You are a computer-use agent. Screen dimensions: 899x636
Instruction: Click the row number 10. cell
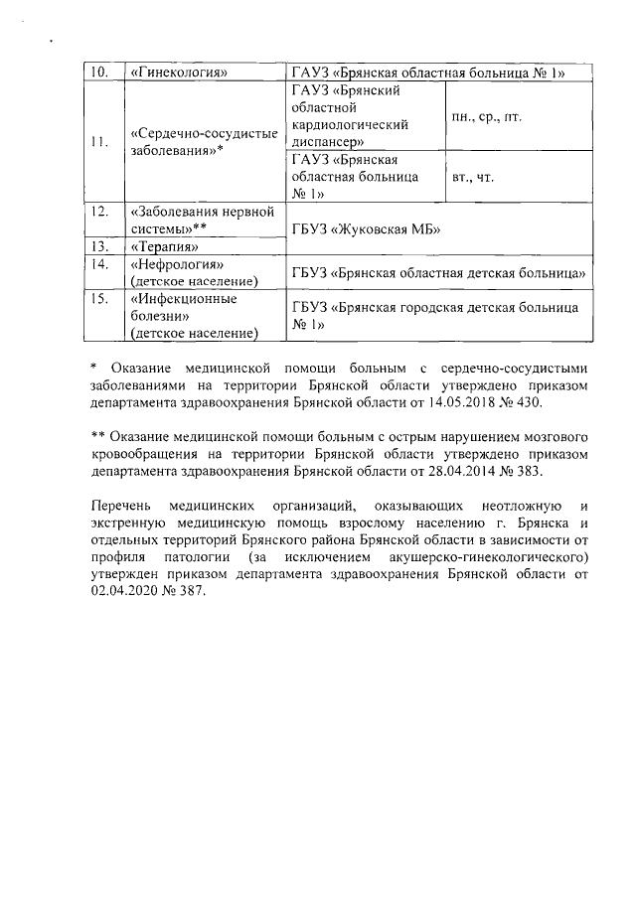pos(101,72)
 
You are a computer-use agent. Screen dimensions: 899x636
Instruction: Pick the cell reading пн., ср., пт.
pos(487,117)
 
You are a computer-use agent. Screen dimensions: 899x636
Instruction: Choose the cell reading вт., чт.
pos(473,178)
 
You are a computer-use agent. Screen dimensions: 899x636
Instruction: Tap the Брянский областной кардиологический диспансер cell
pos(363,117)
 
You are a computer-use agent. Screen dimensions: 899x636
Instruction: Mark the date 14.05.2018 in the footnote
pos(461,404)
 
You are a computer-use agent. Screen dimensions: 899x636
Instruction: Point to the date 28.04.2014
pos(462,472)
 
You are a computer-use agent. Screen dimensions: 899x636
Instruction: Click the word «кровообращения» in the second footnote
pos(142,455)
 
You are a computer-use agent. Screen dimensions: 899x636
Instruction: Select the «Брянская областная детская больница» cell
pos(437,271)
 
